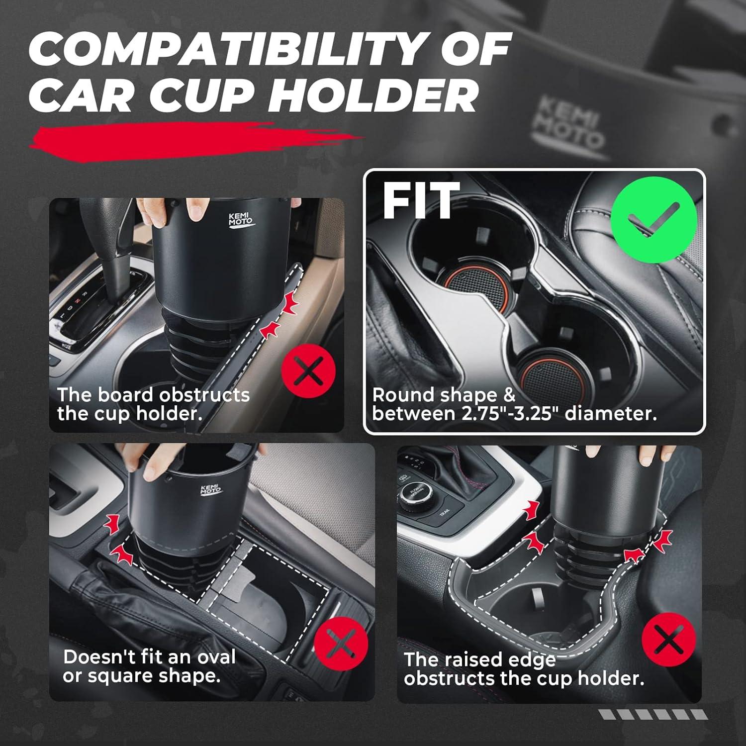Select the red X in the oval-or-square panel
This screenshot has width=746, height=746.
point(341,644)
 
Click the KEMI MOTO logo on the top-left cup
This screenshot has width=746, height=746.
point(241,220)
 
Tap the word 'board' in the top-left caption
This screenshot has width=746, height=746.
point(125,395)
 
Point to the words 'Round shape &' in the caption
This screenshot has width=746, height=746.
point(444,395)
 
